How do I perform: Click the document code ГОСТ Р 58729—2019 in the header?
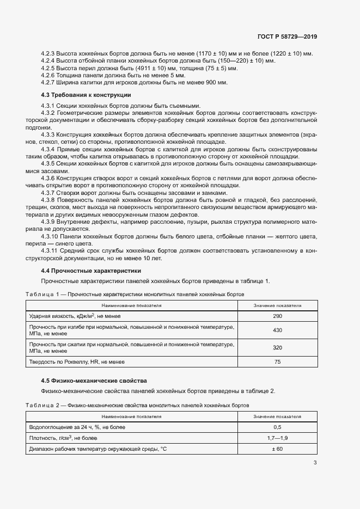coord(286,37)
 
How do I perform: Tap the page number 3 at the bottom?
coord(315,463)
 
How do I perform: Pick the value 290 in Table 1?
coord(277,316)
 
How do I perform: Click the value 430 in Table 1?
coord(277,330)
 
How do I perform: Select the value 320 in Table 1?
coord(277,347)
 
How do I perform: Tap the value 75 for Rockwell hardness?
coord(277,361)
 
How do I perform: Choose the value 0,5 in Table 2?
coord(277,427)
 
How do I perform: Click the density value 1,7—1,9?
coord(277,438)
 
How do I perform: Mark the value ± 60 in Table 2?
coord(277,449)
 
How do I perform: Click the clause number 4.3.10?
coord(51,238)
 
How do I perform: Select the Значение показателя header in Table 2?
coord(277,416)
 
